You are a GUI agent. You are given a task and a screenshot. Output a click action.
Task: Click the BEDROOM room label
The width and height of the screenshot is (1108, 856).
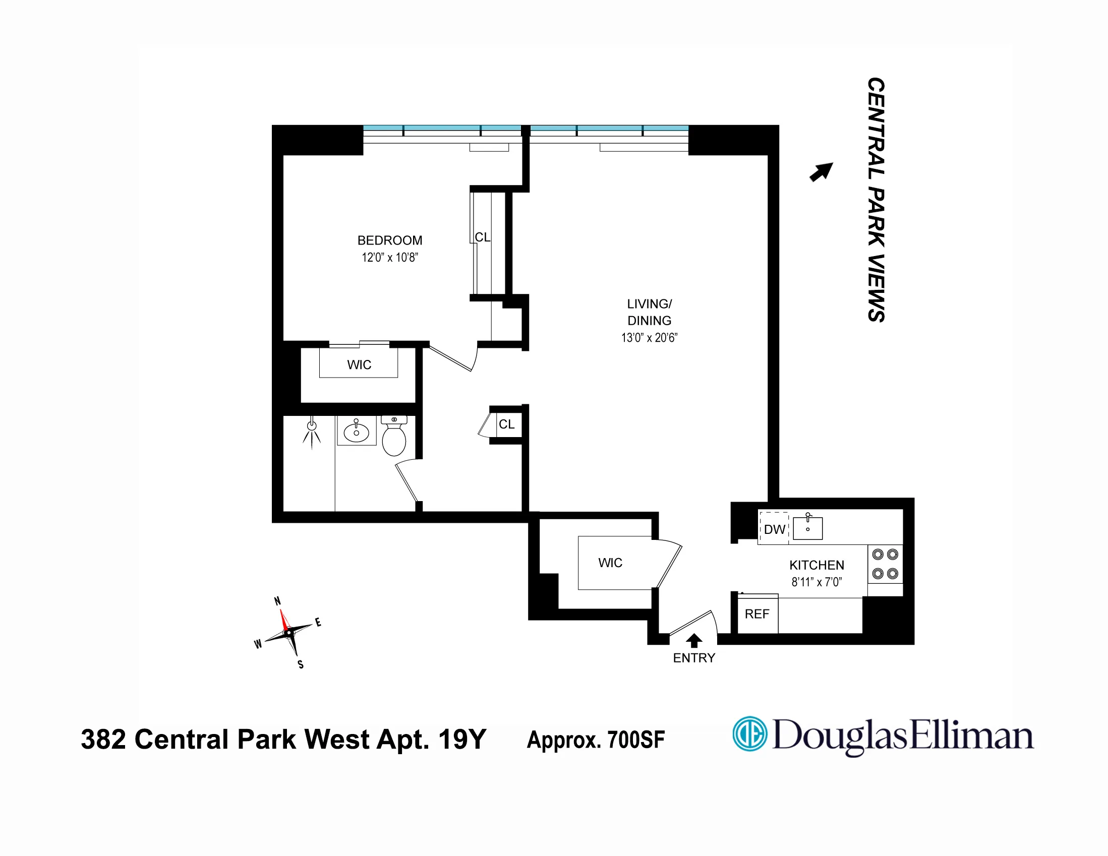pos(390,240)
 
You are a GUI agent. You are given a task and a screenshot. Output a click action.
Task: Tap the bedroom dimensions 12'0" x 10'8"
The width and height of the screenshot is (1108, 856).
pos(390,258)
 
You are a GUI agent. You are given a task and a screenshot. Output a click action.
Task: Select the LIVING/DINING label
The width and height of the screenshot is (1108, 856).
pos(650,313)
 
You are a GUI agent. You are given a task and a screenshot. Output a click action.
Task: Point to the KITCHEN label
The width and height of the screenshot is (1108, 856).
pos(817,566)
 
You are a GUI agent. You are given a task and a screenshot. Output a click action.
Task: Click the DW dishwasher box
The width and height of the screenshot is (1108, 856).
pos(774,529)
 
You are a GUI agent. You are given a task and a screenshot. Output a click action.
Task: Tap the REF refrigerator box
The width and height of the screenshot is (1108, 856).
pos(757,614)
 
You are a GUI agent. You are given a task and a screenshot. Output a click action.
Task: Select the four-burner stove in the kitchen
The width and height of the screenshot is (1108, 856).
pos(885,564)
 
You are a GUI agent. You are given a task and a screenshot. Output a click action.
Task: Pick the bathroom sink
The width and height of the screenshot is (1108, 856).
pos(356,432)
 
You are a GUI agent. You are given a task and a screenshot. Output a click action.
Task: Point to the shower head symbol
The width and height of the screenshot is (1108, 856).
pos(312,426)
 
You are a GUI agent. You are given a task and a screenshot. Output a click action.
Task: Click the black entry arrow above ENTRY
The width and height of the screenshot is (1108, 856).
pos(694,640)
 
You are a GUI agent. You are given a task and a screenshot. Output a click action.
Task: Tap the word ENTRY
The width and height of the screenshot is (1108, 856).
pos(694,658)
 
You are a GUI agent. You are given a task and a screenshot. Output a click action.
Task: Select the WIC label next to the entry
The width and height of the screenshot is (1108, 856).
pos(610,563)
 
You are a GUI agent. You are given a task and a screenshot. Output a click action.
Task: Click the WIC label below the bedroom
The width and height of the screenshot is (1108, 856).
pos(359,365)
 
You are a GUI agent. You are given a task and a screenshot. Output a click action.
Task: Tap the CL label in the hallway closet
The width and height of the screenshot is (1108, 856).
pos(507,424)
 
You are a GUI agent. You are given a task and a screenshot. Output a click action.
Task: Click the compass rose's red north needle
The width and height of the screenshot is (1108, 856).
pos(284,620)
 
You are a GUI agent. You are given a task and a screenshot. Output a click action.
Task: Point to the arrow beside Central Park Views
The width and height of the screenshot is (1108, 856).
pos(822,172)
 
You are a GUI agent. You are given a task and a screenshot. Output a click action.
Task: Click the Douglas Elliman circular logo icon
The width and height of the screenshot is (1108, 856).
pos(749,734)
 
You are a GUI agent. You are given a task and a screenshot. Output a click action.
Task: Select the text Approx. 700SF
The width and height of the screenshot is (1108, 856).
pos(596,740)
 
